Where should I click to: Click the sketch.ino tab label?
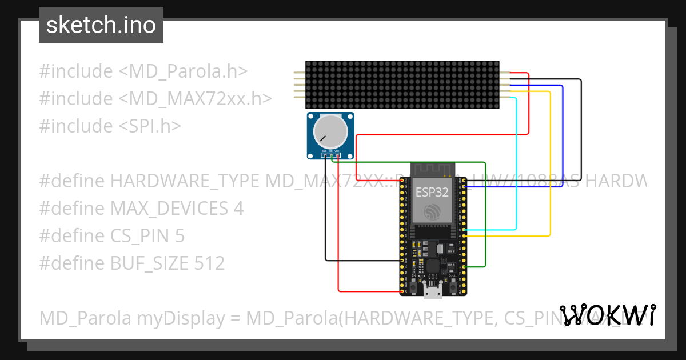(101, 25)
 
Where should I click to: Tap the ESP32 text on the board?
(432, 191)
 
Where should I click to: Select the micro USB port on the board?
(432, 292)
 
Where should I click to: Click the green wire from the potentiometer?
(485, 217)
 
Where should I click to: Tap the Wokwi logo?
(608, 315)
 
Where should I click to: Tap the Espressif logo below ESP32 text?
(432, 213)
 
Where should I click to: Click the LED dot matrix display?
(402, 85)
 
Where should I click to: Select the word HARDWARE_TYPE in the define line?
(185, 181)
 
